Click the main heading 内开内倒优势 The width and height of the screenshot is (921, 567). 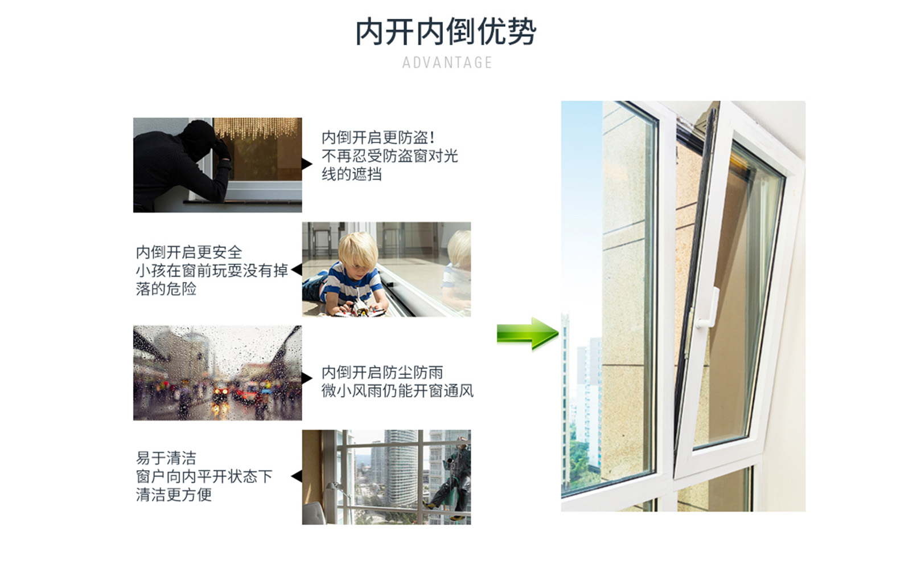point(446,31)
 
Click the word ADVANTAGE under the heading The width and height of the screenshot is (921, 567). point(447,63)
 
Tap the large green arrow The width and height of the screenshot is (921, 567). point(528,333)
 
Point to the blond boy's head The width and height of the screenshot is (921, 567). point(357,252)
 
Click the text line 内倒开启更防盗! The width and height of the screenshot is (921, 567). point(379,137)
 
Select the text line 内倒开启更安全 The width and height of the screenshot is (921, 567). point(189,252)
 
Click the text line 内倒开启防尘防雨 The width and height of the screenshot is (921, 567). point(383,372)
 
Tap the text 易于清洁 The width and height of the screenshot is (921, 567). point(166,458)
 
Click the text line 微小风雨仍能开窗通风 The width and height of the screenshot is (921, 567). point(397,390)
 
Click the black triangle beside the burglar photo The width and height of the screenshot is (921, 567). point(307,164)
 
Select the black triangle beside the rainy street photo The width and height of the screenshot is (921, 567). point(307,378)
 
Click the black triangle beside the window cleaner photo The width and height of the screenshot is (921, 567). point(297,476)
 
